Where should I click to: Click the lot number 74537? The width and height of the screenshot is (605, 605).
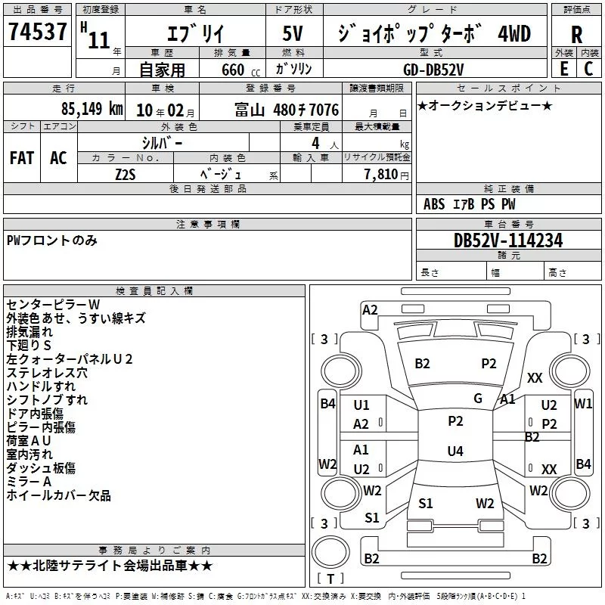(x=37, y=31)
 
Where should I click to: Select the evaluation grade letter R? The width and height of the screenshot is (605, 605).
(x=576, y=34)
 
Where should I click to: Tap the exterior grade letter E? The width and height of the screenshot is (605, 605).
(x=563, y=69)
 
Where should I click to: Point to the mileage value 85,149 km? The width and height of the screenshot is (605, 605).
(x=92, y=109)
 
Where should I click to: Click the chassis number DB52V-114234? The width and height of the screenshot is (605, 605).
(x=508, y=240)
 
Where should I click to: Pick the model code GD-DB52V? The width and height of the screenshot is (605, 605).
(x=433, y=70)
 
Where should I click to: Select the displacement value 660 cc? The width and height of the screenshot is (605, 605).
(x=240, y=70)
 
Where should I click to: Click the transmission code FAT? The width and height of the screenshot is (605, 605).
(x=22, y=158)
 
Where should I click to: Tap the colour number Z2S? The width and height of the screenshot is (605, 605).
(x=126, y=175)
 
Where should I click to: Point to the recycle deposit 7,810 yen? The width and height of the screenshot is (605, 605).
(x=386, y=175)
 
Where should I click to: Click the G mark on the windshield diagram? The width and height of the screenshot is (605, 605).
(x=478, y=399)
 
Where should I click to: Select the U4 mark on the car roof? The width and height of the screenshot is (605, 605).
(x=455, y=451)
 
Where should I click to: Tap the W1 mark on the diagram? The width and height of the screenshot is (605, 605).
(x=583, y=404)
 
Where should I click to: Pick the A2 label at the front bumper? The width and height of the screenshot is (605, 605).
(x=370, y=310)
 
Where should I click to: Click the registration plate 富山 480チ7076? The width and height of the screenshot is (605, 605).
(x=287, y=110)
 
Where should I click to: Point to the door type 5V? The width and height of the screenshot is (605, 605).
(x=293, y=33)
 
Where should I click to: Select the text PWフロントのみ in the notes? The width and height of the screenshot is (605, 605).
(x=51, y=240)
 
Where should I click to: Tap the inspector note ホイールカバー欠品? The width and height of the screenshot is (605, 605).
(x=59, y=495)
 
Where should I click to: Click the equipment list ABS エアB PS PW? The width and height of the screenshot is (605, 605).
(x=469, y=204)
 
